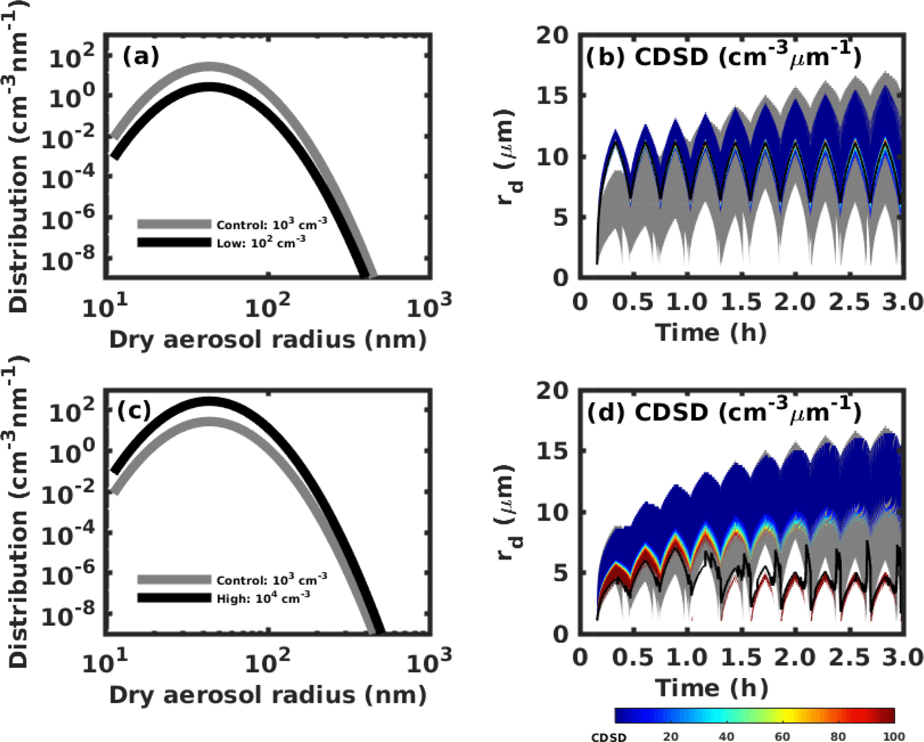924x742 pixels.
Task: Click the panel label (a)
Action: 140,57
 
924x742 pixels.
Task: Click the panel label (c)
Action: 134,411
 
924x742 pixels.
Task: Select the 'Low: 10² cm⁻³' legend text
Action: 261,243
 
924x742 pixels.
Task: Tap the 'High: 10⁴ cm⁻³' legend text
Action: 263,598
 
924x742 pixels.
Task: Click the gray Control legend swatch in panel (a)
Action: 174,224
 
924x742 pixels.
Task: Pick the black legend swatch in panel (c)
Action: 174,598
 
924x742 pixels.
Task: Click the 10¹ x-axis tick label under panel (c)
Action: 105,662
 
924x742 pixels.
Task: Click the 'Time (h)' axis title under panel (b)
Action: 711,333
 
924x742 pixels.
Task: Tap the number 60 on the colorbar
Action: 782,736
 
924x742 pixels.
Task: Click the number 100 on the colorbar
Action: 894,736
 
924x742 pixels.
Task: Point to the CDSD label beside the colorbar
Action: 608,737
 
